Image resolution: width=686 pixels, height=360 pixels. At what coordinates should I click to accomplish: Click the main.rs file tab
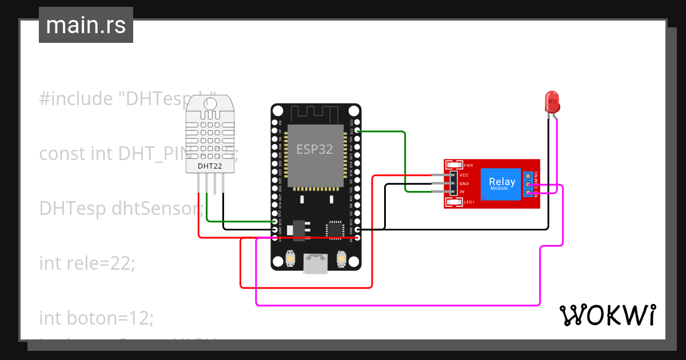pyautogui.click(x=86, y=25)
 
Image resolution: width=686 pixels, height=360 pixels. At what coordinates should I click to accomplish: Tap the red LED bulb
pyautogui.click(x=552, y=101)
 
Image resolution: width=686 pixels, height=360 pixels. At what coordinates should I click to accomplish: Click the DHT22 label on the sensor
pyautogui.click(x=210, y=166)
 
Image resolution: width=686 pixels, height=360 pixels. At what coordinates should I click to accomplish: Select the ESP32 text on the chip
pyautogui.click(x=314, y=150)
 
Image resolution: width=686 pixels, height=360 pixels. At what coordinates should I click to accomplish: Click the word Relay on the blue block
pyautogui.click(x=501, y=182)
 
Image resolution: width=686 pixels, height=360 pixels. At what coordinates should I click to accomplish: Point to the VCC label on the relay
pyautogui.click(x=464, y=175)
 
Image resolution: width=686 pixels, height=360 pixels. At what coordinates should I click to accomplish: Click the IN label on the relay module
pyautogui.click(x=462, y=192)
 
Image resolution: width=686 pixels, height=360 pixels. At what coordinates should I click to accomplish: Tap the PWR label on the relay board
pyautogui.click(x=468, y=165)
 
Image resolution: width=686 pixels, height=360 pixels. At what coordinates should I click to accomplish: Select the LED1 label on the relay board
pyautogui.click(x=469, y=202)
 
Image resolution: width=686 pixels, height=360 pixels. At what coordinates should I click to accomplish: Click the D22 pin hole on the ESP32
pyautogui.click(x=357, y=131)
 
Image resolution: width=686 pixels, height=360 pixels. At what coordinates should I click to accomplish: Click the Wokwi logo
pyautogui.click(x=607, y=315)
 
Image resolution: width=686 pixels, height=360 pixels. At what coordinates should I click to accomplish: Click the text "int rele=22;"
pyautogui.click(x=87, y=263)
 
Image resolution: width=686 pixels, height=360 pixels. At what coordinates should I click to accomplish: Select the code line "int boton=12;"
pyautogui.click(x=96, y=318)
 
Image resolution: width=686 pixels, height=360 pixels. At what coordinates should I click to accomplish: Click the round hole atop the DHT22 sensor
pyautogui.click(x=210, y=103)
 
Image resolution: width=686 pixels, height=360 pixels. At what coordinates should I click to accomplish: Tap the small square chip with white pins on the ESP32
pyautogui.click(x=334, y=229)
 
